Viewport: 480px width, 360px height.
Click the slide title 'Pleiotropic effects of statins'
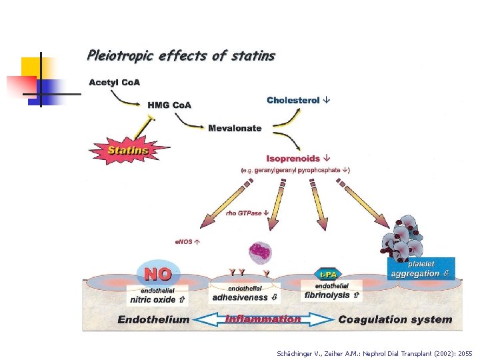(x=181, y=56)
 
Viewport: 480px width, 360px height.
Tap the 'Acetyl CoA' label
(x=114, y=83)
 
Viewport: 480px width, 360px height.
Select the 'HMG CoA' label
(x=169, y=105)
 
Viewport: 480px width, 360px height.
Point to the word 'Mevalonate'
(x=235, y=128)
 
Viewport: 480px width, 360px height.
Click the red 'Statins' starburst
(x=128, y=150)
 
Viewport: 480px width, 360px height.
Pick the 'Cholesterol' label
(x=293, y=100)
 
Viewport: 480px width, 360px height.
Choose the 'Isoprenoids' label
(x=293, y=159)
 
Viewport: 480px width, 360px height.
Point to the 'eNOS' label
(x=186, y=242)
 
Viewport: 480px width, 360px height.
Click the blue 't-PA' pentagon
(x=327, y=274)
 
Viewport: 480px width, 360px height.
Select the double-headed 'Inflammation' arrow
(x=263, y=319)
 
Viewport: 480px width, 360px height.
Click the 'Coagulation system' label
(x=395, y=319)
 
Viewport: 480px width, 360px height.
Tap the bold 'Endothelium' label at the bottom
(x=153, y=319)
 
